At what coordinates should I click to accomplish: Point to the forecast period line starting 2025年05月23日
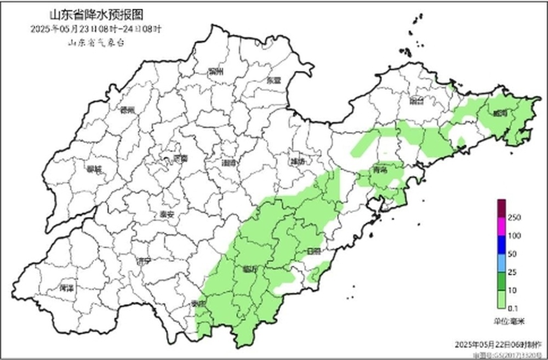[96, 28]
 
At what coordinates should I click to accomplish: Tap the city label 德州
[128, 109]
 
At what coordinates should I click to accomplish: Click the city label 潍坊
[296, 162]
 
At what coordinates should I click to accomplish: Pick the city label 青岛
[380, 170]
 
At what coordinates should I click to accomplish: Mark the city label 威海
[500, 113]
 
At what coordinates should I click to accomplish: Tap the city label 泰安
[166, 215]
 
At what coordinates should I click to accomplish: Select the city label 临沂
[249, 270]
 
